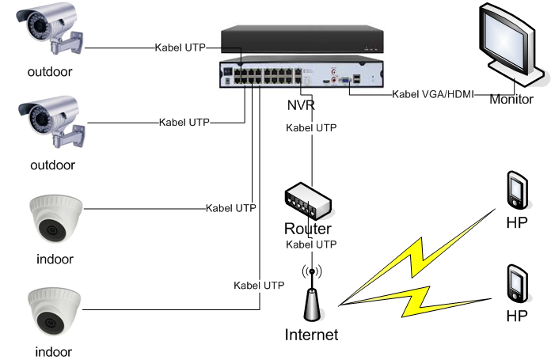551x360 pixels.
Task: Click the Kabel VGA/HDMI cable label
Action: point(433,94)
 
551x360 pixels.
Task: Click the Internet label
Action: point(311,335)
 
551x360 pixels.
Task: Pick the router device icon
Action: point(311,201)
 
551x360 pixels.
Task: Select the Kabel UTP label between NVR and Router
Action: point(311,127)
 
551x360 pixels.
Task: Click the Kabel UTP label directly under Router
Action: point(311,244)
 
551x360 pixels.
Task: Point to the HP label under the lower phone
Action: point(517,316)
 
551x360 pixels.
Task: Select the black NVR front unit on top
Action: point(301,40)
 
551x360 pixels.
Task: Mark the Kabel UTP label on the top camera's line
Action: point(180,48)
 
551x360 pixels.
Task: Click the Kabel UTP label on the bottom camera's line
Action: point(259,285)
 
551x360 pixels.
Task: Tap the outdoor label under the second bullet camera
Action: point(52,165)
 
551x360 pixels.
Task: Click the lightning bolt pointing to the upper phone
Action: point(420,253)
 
